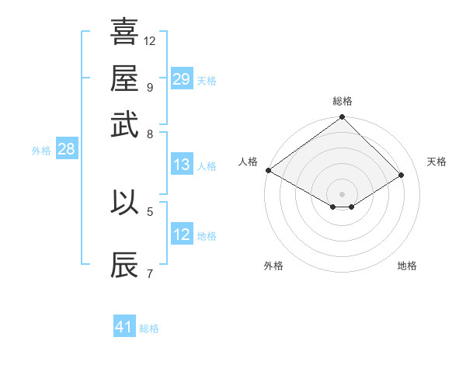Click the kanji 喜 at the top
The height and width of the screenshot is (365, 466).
click(x=124, y=33)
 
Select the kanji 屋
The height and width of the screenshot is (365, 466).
click(x=124, y=78)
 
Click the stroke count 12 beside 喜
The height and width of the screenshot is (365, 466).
click(x=150, y=40)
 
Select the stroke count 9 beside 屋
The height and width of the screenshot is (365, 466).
click(x=149, y=87)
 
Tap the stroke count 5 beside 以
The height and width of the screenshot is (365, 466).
click(x=149, y=210)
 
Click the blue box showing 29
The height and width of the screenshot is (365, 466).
click(x=181, y=78)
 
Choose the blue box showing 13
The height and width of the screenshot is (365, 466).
click(x=181, y=165)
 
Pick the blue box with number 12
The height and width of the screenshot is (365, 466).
click(x=181, y=235)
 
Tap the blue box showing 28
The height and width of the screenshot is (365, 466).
click(x=66, y=150)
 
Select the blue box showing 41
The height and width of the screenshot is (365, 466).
click(x=124, y=327)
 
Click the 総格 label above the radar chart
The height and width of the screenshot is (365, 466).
click(x=342, y=101)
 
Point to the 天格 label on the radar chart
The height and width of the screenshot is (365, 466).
click(x=436, y=162)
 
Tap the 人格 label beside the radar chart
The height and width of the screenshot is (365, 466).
click(x=248, y=162)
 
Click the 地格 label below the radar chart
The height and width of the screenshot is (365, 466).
click(x=407, y=266)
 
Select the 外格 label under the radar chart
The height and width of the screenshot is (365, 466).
click(x=273, y=266)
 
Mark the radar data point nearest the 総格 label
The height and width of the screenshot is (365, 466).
click(x=342, y=117)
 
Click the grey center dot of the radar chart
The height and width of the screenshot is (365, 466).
click(x=342, y=193)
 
